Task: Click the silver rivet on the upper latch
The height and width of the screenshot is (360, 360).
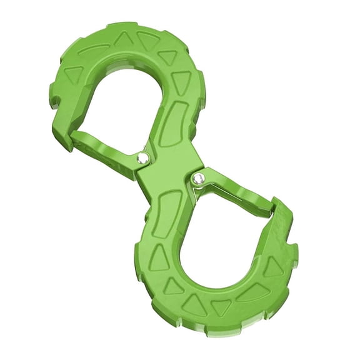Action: (144, 159)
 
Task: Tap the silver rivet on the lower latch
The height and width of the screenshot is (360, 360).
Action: (198, 179)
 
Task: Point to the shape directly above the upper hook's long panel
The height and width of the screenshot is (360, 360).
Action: (181, 82)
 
